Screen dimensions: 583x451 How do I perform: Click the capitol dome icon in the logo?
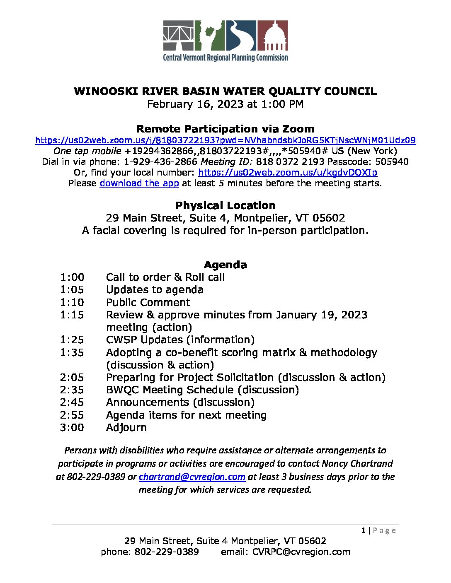[273, 36]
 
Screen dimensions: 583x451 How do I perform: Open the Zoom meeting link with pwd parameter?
[225, 140]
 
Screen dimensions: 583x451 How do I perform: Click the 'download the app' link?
[139, 183]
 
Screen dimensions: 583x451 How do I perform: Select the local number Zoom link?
[288, 173]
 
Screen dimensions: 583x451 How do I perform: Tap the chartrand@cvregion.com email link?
[192, 477]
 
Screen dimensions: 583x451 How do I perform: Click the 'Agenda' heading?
[225, 265]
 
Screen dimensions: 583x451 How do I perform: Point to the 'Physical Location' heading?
[225, 206]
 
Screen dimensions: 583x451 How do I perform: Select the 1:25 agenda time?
[72, 340]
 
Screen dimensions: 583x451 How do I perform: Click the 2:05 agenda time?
[72, 378]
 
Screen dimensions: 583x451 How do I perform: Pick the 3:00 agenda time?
[72, 428]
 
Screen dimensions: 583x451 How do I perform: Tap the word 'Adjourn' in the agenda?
[126, 428]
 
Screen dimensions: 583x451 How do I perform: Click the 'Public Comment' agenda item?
[148, 303]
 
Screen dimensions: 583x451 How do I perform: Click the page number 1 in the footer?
[363, 530]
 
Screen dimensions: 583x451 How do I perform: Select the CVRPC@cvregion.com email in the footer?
[301, 552]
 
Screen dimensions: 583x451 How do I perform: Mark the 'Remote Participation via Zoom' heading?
[225, 129]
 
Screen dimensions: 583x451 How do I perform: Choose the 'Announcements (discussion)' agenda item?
[180, 402]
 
